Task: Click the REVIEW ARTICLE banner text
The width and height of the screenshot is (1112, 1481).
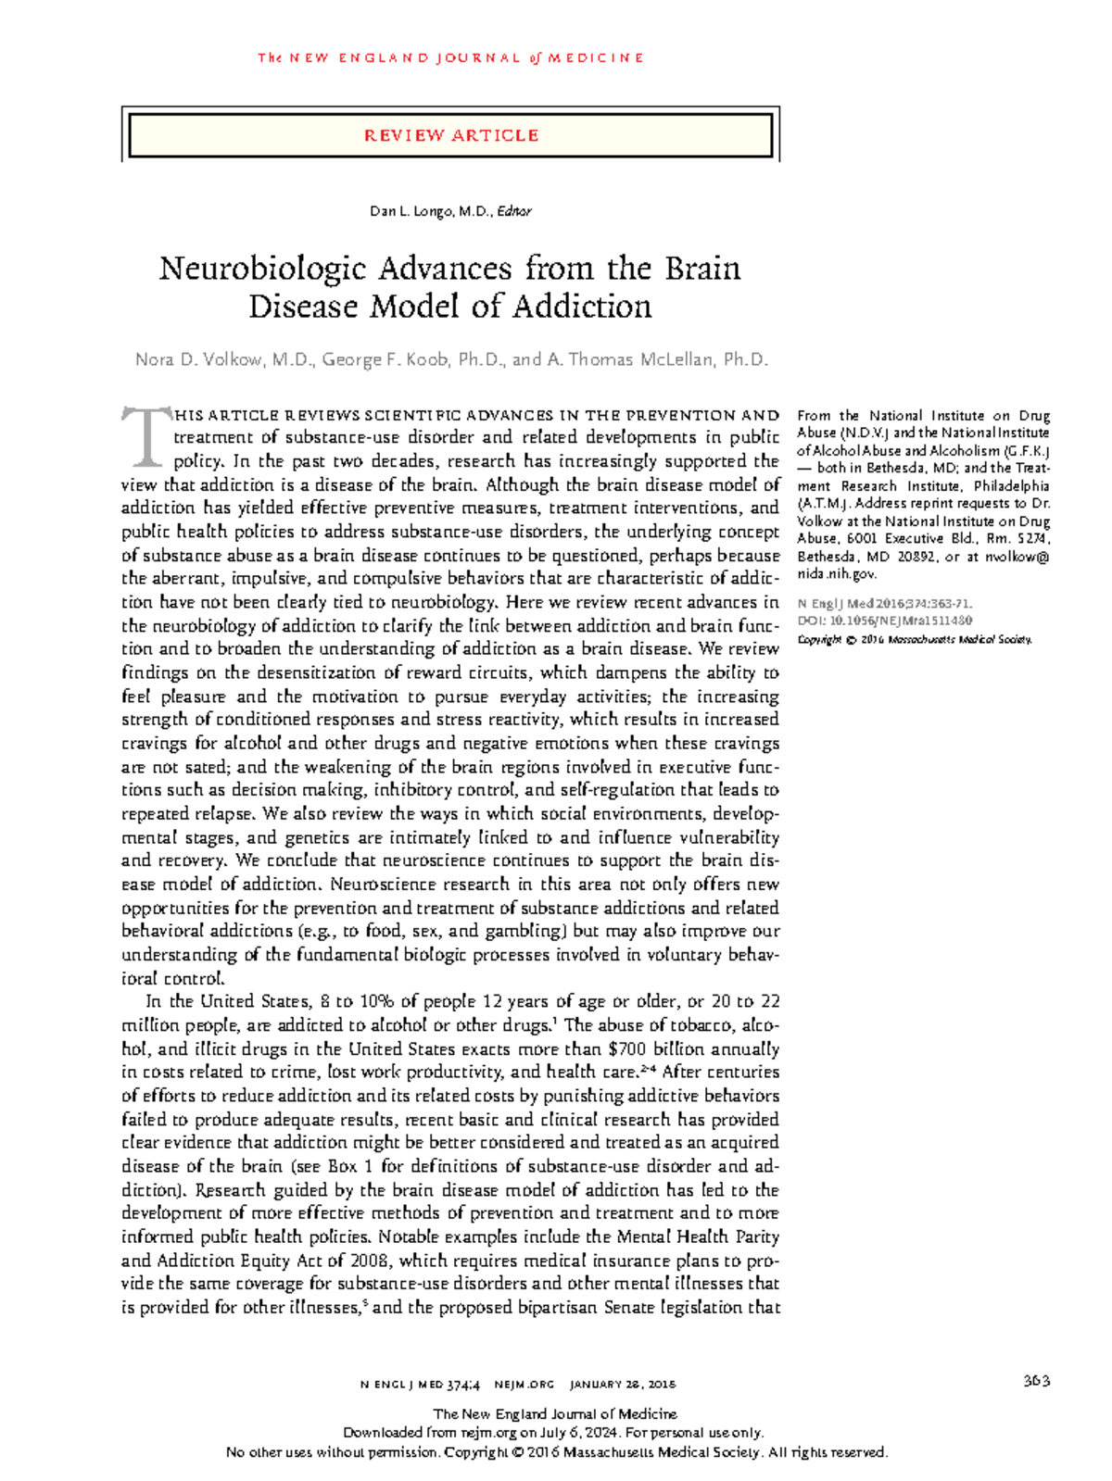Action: [450, 135]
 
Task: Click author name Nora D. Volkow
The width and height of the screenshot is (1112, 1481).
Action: [198, 359]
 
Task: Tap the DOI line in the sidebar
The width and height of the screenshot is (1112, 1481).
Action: [884, 621]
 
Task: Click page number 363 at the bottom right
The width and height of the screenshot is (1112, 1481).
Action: [1036, 1381]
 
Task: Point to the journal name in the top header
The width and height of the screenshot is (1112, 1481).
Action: [450, 57]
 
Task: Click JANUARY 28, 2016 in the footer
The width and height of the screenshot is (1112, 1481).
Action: [623, 1385]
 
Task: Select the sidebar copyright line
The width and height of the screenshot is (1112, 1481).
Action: [914, 639]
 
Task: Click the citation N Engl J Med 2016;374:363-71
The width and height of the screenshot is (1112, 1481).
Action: [884, 604]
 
